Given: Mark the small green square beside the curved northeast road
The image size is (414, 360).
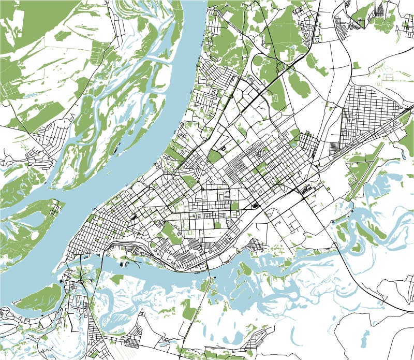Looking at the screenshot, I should tap(357, 65).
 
